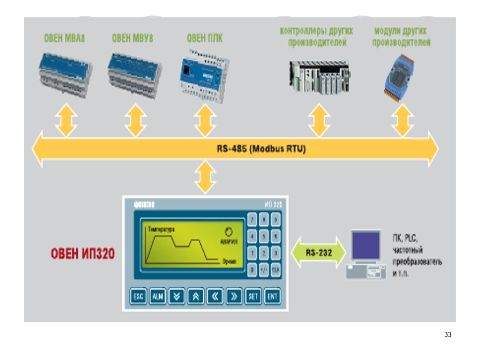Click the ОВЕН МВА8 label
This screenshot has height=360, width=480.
click(x=64, y=38)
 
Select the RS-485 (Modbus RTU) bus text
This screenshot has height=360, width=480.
click(x=261, y=150)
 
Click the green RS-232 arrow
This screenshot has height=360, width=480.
click(x=319, y=253)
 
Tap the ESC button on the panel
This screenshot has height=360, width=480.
click(x=138, y=296)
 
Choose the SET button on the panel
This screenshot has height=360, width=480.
click(x=253, y=296)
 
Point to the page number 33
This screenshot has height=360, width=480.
click(x=447, y=335)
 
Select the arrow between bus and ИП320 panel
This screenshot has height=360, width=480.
click(x=205, y=177)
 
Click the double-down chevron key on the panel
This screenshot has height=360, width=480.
click(x=176, y=296)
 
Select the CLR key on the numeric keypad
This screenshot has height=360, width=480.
click(x=276, y=270)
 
